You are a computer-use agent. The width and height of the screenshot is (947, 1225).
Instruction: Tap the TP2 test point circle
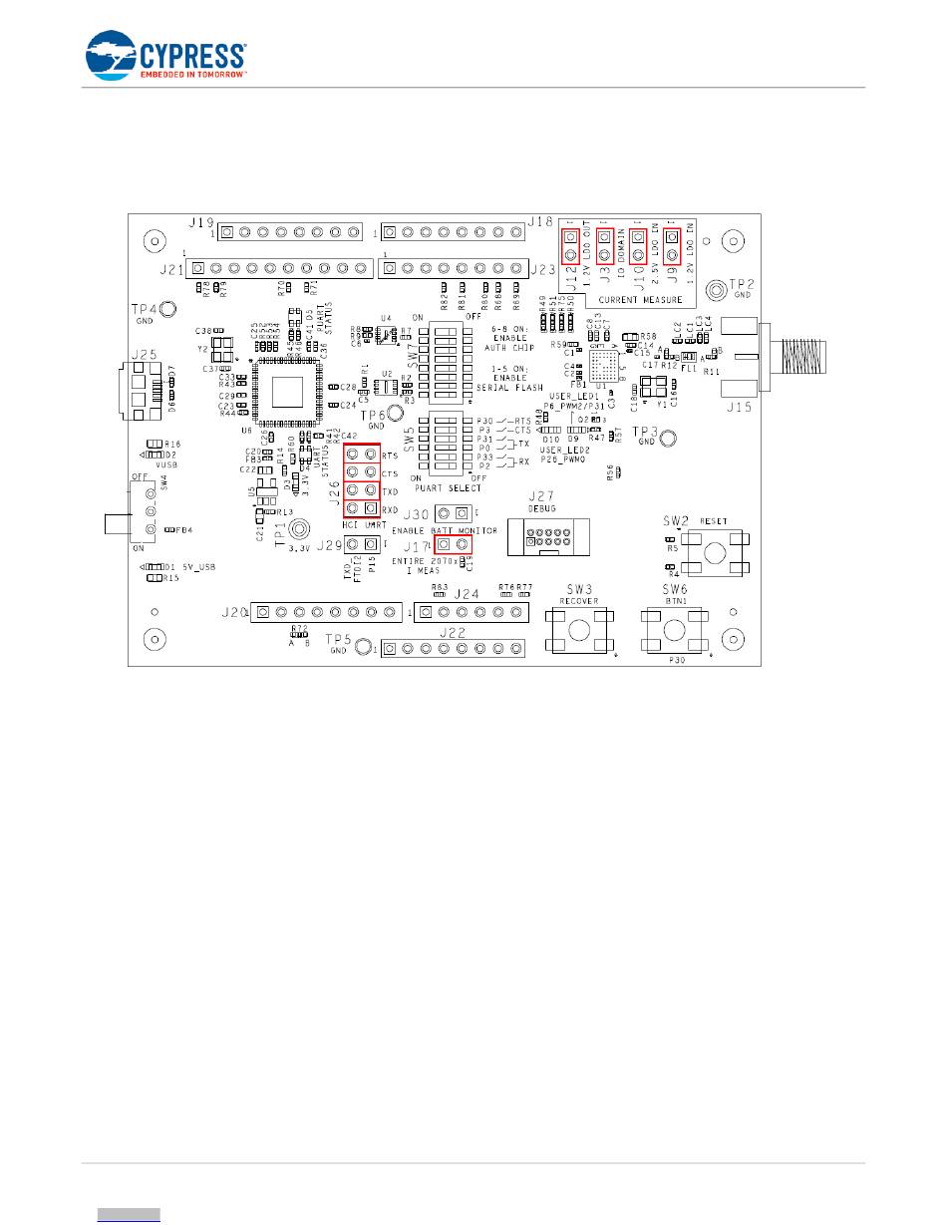click(715, 289)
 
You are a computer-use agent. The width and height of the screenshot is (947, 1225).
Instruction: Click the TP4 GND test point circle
click(167, 309)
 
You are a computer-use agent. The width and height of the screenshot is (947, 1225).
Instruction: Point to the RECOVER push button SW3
click(577, 630)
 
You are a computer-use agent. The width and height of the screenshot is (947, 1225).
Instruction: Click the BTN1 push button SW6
click(674, 630)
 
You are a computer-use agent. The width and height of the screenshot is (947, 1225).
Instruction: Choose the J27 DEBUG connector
click(546, 537)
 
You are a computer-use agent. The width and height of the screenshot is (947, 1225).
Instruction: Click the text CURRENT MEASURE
click(647, 299)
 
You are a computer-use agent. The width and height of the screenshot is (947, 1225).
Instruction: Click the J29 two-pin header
click(362, 544)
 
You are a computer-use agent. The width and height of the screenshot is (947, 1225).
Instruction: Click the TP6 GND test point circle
click(394, 413)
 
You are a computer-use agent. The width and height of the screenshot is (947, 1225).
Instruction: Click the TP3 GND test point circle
click(669, 436)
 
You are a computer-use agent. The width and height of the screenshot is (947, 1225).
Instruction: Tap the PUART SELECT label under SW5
click(450, 487)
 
